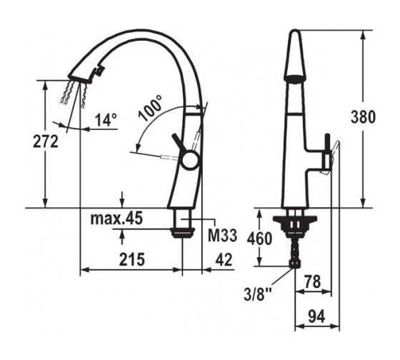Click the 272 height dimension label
[x=46, y=141]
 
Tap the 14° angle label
[x=106, y=120]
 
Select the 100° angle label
[x=151, y=107]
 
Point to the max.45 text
[x=116, y=219]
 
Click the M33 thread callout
[x=222, y=235]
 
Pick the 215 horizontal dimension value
[x=132, y=259]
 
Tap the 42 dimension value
[x=224, y=260]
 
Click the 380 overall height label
[x=363, y=117]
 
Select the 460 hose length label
[x=259, y=239]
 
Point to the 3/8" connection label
[x=258, y=295]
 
